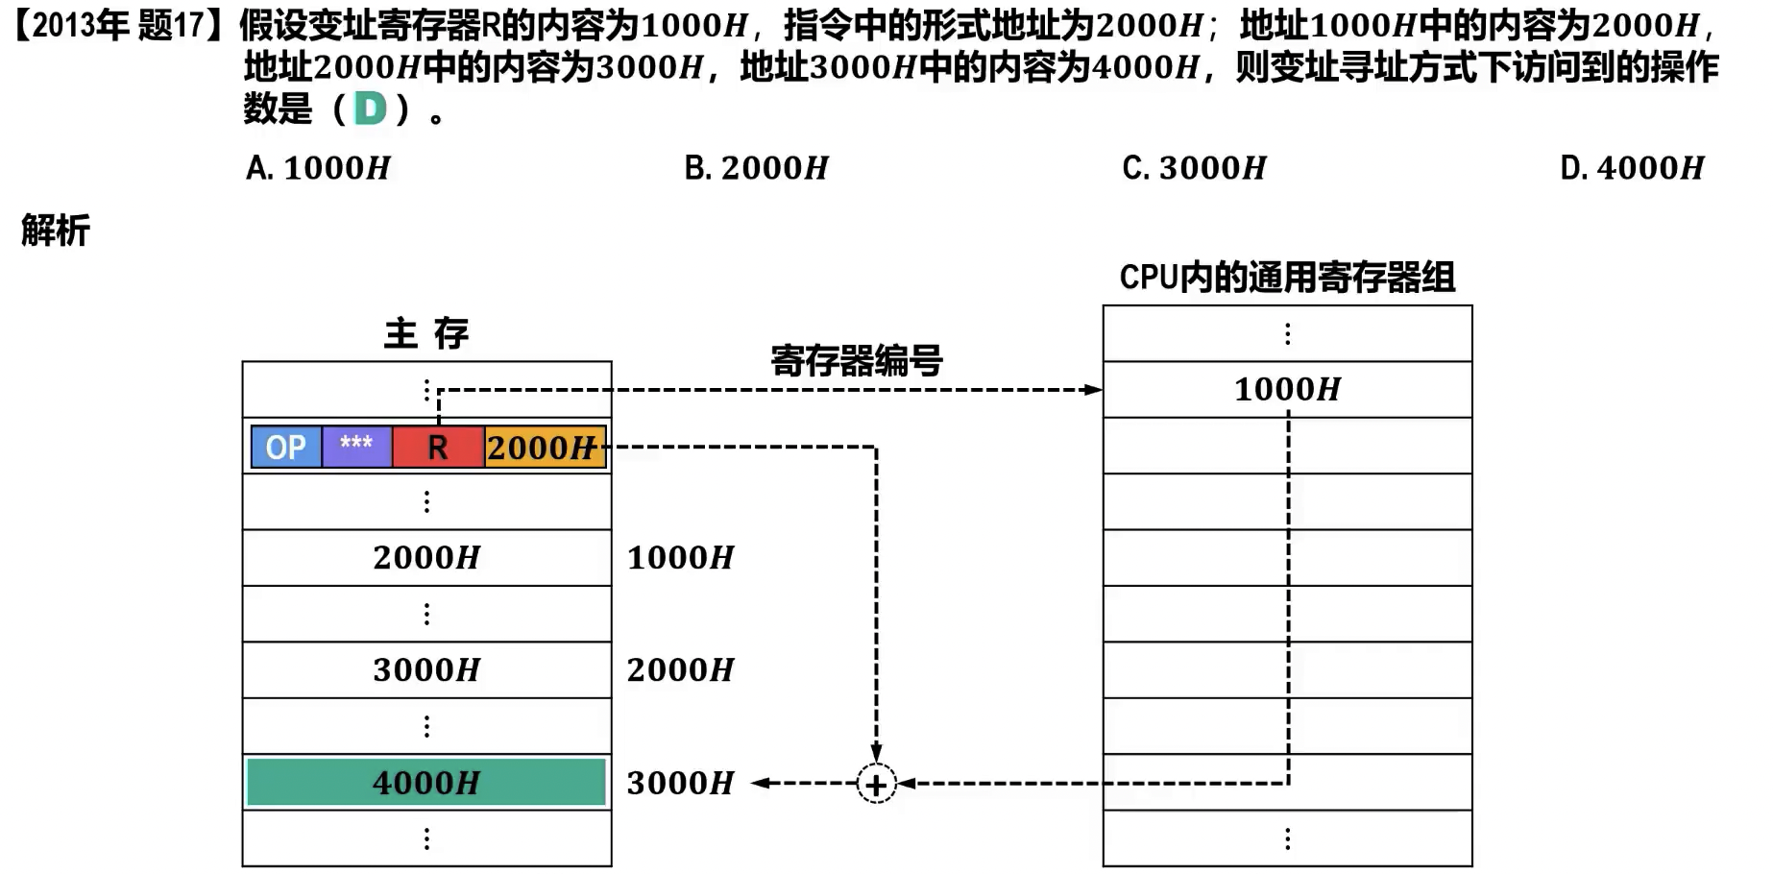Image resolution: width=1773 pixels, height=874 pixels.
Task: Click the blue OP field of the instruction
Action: click(x=286, y=448)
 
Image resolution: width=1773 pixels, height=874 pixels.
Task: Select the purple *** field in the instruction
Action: click(x=356, y=448)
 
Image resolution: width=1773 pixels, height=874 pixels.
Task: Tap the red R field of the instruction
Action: click(x=438, y=448)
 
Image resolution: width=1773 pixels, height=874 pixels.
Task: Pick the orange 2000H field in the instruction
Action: click(x=544, y=448)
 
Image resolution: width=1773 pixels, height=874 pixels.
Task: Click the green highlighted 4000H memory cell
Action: click(x=426, y=783)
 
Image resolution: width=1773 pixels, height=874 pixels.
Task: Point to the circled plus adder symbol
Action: click(x=876, y=785)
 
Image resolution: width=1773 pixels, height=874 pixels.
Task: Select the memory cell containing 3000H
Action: click(x=426, y=669)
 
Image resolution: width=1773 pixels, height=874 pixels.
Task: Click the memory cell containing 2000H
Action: click(x=426, y=557)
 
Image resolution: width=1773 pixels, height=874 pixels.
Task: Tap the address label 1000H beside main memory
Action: click(x=680, y=557)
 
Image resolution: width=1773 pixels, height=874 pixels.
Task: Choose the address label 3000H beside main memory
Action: click(x=680, y=783)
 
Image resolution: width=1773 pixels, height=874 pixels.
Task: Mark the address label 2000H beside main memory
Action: click(x=680, y=669)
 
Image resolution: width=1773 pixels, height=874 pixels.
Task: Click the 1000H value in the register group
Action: click(x=1287, y=389)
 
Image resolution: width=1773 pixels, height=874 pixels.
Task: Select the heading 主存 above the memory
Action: click(x=426, y=334)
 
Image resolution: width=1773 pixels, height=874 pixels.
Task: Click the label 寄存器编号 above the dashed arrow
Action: click(x=856, y=361)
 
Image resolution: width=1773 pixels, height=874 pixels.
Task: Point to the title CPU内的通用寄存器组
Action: click(x=1287, y=278)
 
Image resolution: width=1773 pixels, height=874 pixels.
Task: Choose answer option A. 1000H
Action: click(x=318, y=168)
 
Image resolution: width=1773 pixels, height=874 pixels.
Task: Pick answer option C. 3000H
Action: click(x=1194, y=168)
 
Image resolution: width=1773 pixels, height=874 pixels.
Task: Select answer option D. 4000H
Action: click(x=1632, y=168)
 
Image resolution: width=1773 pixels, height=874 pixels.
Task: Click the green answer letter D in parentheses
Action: click(x=371, y=109)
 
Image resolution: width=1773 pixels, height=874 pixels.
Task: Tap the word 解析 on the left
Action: click(x=56, y=231)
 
